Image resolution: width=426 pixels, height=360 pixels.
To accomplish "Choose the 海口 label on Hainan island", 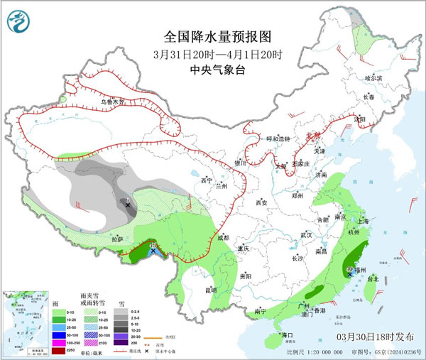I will [287, 334].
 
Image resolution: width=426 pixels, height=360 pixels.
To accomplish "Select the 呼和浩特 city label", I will [273, 138].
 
